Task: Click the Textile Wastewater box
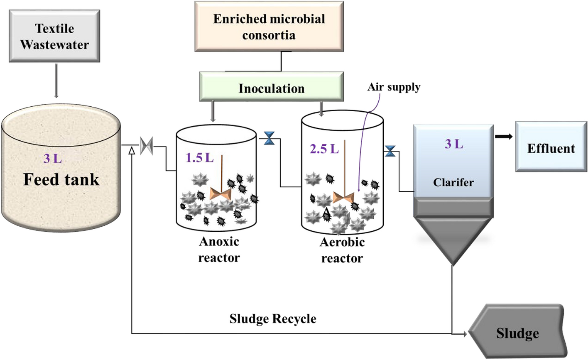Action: point(54,36)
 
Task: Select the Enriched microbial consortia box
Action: point(269,27)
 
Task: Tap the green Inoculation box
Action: point(271,88)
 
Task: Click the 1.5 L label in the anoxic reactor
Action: point(199,158)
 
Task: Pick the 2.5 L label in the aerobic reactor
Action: point(324,148)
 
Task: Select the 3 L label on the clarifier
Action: point(453,144)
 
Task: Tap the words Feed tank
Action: point(61,179)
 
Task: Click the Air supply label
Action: point(394,87)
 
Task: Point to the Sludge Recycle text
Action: point(273,318)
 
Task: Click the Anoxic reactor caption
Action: point(219,249)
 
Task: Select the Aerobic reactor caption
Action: point(342,250)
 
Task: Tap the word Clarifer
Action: point(453,182)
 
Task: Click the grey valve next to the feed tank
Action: point(146,146)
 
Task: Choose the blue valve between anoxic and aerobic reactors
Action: point(269,138)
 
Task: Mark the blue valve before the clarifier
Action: point(390,151)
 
